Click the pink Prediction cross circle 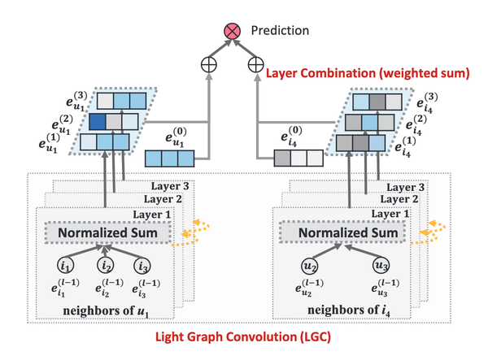coord(232,31)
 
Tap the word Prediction coord(280,30)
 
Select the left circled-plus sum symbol coord(208,65)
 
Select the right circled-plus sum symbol coord(256,65)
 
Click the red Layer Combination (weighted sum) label coord(368,73)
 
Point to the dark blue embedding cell coord(98,122)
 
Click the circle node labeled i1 coord(65,266)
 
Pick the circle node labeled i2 coord(106,266)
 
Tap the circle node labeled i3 coord(142,266)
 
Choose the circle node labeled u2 coord(310,266)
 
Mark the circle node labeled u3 coord(381,266)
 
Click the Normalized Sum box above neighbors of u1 coord(107,232)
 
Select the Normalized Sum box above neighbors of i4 coord(342,232)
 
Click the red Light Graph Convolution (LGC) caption coord(243,337)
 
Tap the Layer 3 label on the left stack coord(170,186)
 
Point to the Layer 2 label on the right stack coord(399,199)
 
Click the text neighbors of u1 coord(106,311)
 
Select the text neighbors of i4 coord(349,310)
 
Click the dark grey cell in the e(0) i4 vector coord(282,158)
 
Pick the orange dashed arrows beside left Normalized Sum coord(191,233)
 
